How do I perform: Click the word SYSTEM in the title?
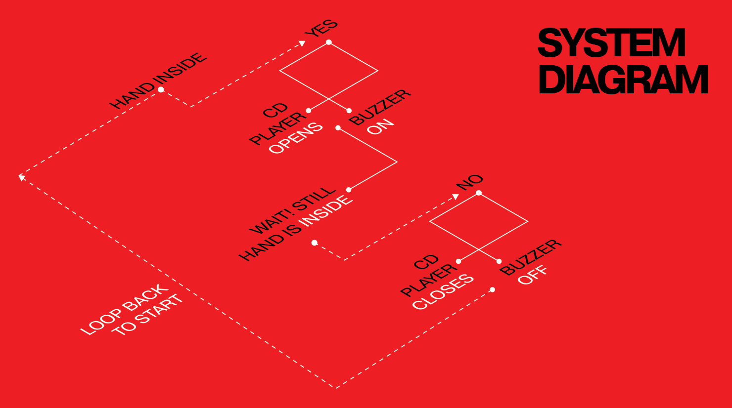[611, 42]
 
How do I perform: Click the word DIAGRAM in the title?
[623, 80]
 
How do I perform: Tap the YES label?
[321, 28]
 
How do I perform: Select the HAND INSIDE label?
[158, 81]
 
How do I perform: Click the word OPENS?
[296, 138]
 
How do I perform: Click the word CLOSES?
[443, 292]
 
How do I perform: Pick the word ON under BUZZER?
[380, 126]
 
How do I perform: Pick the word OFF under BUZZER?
[532, 275]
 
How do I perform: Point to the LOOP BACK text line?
[125, 309]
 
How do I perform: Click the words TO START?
[147, 315]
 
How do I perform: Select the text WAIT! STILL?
[293, 210]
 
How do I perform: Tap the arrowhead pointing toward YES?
[302, 43]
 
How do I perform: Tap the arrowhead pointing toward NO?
[456, 197]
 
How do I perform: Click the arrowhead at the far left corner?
[22, 177]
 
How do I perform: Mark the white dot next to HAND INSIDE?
[161, 89]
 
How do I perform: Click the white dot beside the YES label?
[329, 42]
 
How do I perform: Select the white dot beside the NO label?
[479, 193]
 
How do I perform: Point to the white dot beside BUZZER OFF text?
[499, 261]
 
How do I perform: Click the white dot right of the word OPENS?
[338, 128]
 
